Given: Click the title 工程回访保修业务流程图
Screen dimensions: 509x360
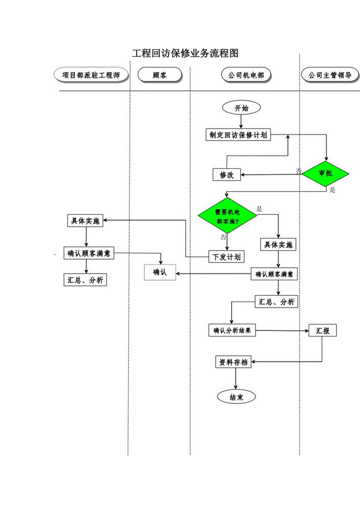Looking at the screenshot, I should [x=185, y=53].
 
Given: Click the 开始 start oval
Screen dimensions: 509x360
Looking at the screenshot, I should [x=241, y=108].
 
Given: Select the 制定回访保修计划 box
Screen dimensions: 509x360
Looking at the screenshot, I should [x=238, y=135].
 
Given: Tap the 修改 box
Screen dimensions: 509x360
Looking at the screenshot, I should [x=227, y=174].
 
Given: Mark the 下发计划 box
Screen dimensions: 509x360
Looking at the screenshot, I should [x=227, y=257].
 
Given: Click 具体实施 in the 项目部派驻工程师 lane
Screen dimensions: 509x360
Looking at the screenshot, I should [x=85, y=221].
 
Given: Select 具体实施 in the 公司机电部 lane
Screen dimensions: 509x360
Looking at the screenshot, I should [x=278, y=245].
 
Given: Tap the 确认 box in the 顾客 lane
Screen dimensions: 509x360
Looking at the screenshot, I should [x=160, y=272].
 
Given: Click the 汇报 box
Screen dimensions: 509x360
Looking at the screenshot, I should [x=322, y=331].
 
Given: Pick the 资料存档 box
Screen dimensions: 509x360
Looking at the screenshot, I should [x=234, y=362].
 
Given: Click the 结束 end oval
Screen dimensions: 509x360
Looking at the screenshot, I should [x=236, y=397].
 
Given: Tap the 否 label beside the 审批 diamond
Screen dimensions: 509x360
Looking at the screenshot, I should [x=299, y=171].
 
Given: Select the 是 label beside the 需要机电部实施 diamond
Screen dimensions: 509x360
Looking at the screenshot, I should [x=259, y=209].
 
